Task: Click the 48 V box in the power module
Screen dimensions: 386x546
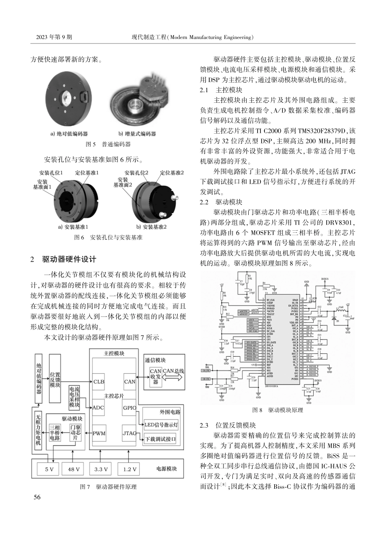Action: tap(74, 469)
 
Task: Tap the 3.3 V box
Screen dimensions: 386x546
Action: tap(101, 469)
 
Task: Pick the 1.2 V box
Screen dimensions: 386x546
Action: tap(130, 469)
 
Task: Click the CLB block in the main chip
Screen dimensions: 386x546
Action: tap(99, 381)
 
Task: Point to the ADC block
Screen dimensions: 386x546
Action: tap(99, 407)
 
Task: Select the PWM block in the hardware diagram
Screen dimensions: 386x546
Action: tap(99, 433)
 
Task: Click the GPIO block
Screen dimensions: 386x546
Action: tap(130, 407)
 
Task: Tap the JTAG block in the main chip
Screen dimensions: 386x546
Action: tap(130, 433)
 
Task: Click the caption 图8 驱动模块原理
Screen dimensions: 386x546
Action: tap(278, 410)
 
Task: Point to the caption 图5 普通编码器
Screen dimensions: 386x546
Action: tap(108, 144)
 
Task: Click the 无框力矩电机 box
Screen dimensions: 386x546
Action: tap(38, 430)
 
